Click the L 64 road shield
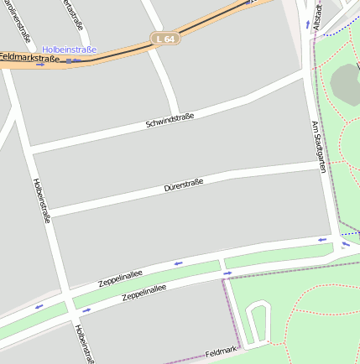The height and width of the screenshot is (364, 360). click(x=165, y=39)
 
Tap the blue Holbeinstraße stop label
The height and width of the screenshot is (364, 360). click(x=70, y=49)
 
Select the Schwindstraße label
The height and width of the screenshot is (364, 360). click(x=170, y=121)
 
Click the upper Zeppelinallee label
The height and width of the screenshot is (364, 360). click(x=121, y=277)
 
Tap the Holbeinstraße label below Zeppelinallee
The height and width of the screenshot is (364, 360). click(x=83, y=343)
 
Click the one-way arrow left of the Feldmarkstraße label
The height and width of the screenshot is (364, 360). click(x=39, y=65)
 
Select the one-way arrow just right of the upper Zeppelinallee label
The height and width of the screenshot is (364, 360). click(x=177, y=264)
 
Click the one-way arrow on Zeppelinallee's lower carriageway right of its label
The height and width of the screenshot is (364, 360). click(x=227, y=273)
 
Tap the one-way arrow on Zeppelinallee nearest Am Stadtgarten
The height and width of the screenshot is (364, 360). click(x=322, y=241)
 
